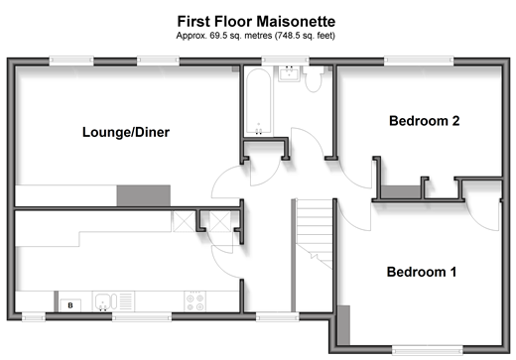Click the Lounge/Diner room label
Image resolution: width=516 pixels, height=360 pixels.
click(x=126, y=132)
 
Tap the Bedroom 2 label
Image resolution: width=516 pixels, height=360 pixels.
click(x=425, y=121)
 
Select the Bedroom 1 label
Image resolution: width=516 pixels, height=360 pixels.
click(x=422, y=272)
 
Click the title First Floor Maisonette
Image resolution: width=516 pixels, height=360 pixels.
click(x=256, y=22)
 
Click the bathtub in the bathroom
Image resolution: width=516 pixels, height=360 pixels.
click(x=259, y=101)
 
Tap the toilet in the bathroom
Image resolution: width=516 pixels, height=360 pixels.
click(x=314, y=78)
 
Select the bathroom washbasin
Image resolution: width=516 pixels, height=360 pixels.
click(x=289, y=73)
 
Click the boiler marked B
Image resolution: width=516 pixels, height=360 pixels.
click(x=70, y=305)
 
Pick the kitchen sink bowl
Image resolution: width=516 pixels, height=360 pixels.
click(x=103, y=301)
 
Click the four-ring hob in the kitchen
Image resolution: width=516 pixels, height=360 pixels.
click(x=194, y=301)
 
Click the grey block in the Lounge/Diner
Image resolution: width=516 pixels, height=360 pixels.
click(x=144, y=195)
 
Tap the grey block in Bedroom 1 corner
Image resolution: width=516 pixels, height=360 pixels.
click(x=343, y=325)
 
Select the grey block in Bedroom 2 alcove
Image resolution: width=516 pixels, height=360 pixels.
click(x=401, y=192)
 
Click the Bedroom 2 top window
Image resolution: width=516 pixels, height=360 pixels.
click(x=419, y=61)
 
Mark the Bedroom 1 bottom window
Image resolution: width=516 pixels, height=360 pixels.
click(x=428, y=349)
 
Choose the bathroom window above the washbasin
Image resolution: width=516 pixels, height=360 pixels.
click(x=286, y=61)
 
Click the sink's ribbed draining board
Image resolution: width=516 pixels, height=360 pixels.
click(x=126, y=301)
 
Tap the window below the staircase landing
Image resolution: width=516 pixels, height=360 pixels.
click(x=278, y=316)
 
